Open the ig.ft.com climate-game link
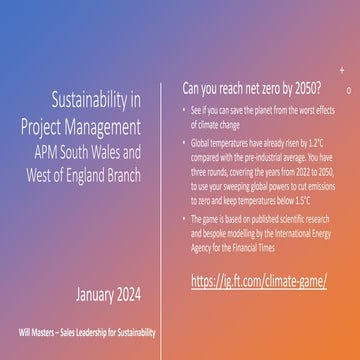coord(258,280)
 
